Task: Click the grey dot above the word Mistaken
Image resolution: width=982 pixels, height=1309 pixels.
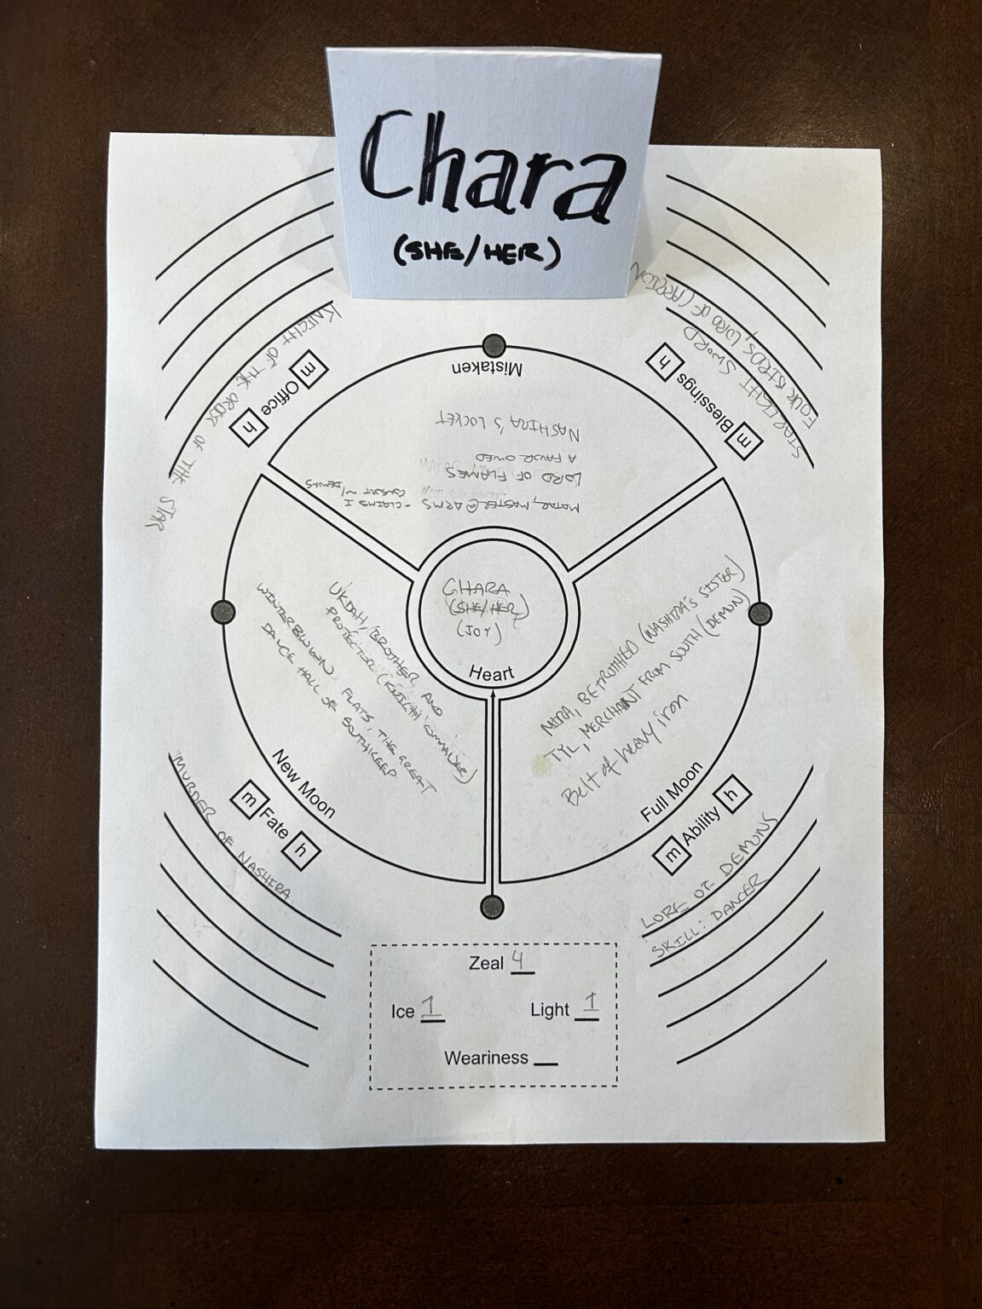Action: pos(494,345)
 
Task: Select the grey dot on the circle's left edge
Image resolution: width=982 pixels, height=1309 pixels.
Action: pos(223,611)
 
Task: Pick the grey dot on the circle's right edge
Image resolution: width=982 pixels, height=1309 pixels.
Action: pos(760,613)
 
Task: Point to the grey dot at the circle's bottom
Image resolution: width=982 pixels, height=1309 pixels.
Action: pos(491,907)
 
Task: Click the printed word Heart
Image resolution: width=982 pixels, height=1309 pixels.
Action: pos(493,673)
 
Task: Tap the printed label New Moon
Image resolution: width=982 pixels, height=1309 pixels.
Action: pos(303,781)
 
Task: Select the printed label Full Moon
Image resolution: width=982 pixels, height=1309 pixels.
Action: pos(673,793)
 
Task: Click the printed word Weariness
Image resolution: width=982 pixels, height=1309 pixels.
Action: pos(486,1058)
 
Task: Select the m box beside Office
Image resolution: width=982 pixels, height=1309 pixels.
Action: pos(303,374)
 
